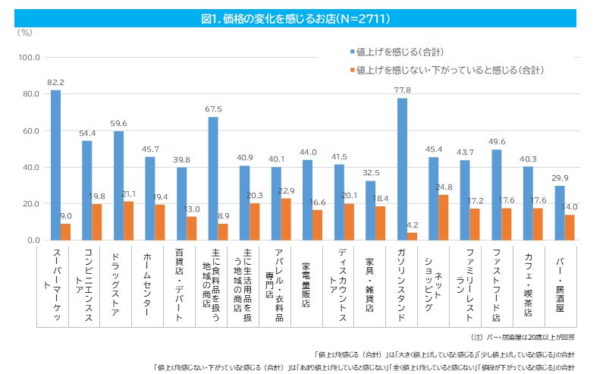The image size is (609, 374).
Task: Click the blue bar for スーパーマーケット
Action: pyautogui.click(x=55, y=165)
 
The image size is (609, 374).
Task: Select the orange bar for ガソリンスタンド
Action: pyautogui.click(x=413, y=236)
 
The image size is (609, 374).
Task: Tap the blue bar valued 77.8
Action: pyautogui.click(x=402, y=169)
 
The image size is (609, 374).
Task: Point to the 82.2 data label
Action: pyautogui.click(x=55, y=82)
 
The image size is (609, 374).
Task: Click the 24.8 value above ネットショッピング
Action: pyautogui.click(x=444, y=187)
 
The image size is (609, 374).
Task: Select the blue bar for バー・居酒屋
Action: pyautogui.click(x=559, y=213)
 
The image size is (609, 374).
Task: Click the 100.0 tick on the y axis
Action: pyautogui.click(x=29, y=58)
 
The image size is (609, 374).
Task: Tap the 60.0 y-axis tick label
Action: pyautogui.click(x=30, y=130)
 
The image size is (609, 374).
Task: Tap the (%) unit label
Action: pyautogui.click(x=25, y=32)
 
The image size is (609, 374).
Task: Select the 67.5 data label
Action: pyautogui.click(x=213, y=109)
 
